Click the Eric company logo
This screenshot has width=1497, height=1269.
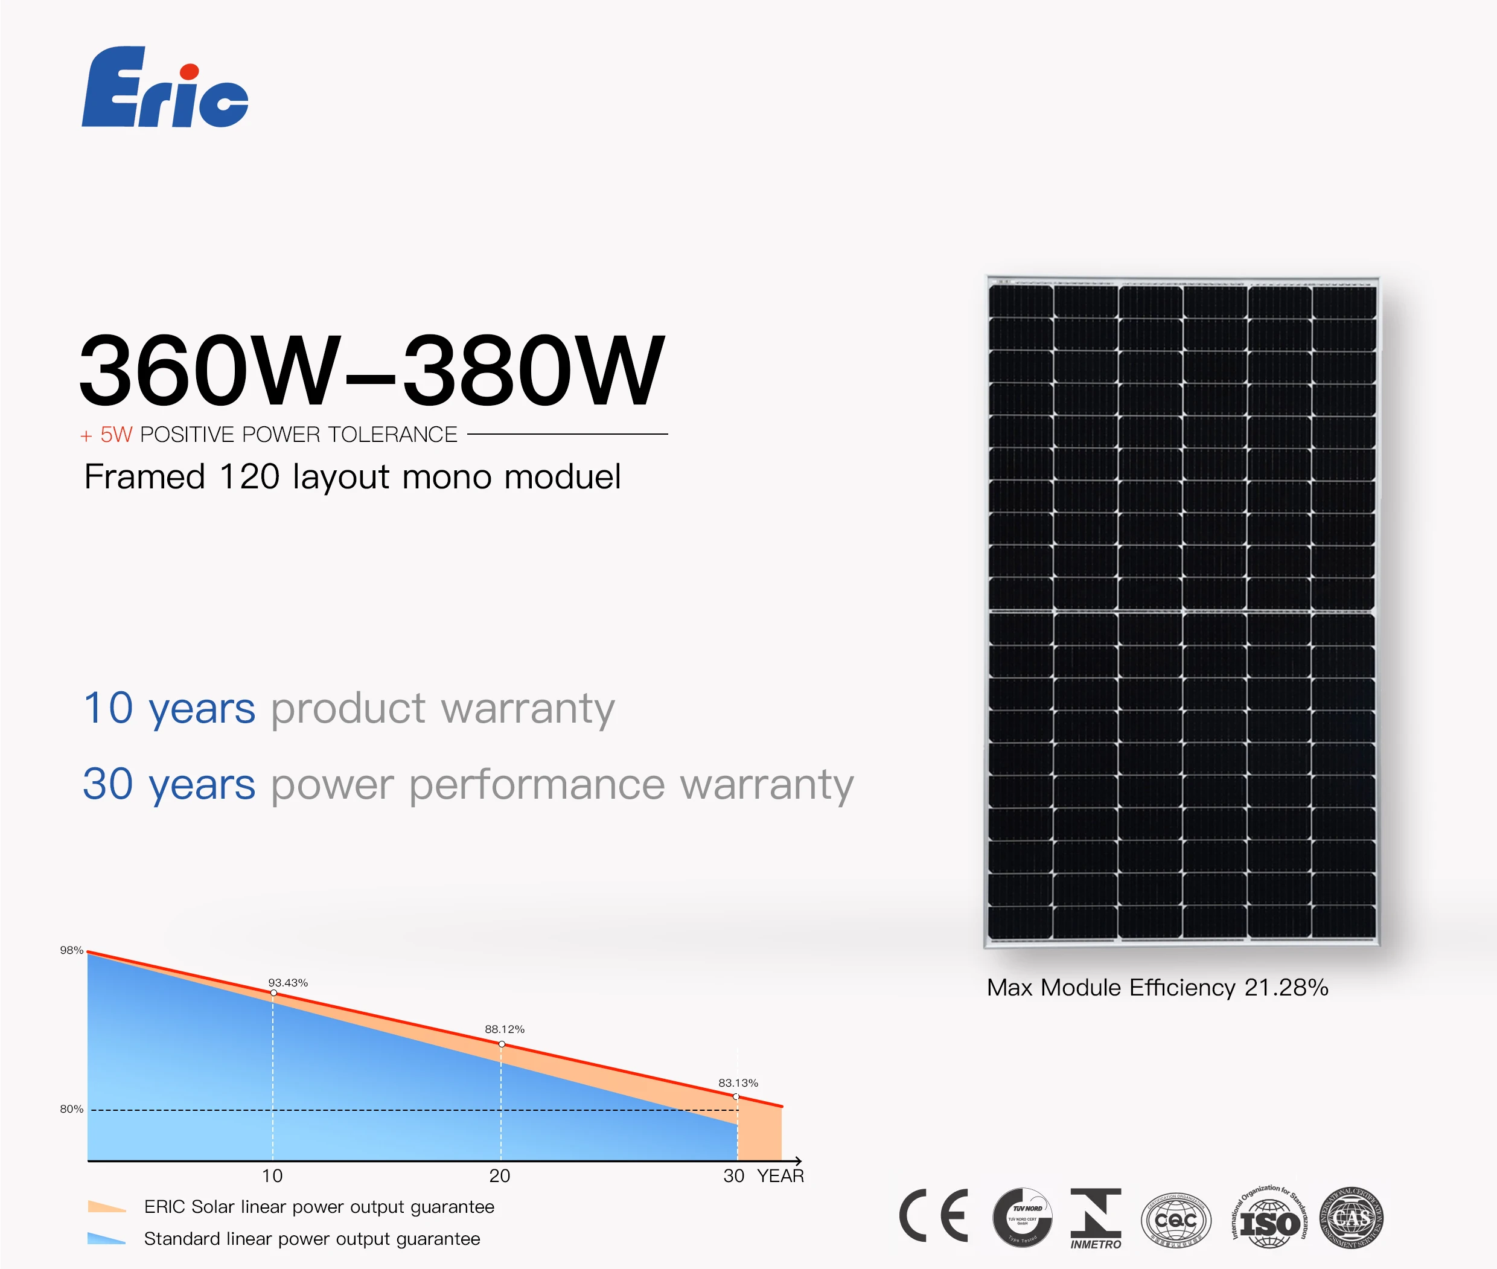(x=165, y=88)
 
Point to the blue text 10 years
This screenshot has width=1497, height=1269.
(x=169, y=709)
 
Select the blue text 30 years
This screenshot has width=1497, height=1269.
(x=169, y=784)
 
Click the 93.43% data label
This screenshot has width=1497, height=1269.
(x=288, y=983)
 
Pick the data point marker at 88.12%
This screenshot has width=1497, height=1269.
(x=502, y=1044)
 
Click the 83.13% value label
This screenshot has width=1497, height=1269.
(x=738, y=1082)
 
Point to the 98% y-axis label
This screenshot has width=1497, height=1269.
(x=71, y=950)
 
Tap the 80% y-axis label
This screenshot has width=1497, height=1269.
(x=71, y=1109)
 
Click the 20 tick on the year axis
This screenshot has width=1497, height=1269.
(x=499, y=1176)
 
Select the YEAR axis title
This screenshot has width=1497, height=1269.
(x=780, y=1176)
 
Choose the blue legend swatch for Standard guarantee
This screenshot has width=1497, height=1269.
(x=106, y=1239)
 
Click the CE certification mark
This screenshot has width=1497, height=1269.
(x=934, y=1216)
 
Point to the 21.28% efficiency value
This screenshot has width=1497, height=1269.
(x=1286, y=988)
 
